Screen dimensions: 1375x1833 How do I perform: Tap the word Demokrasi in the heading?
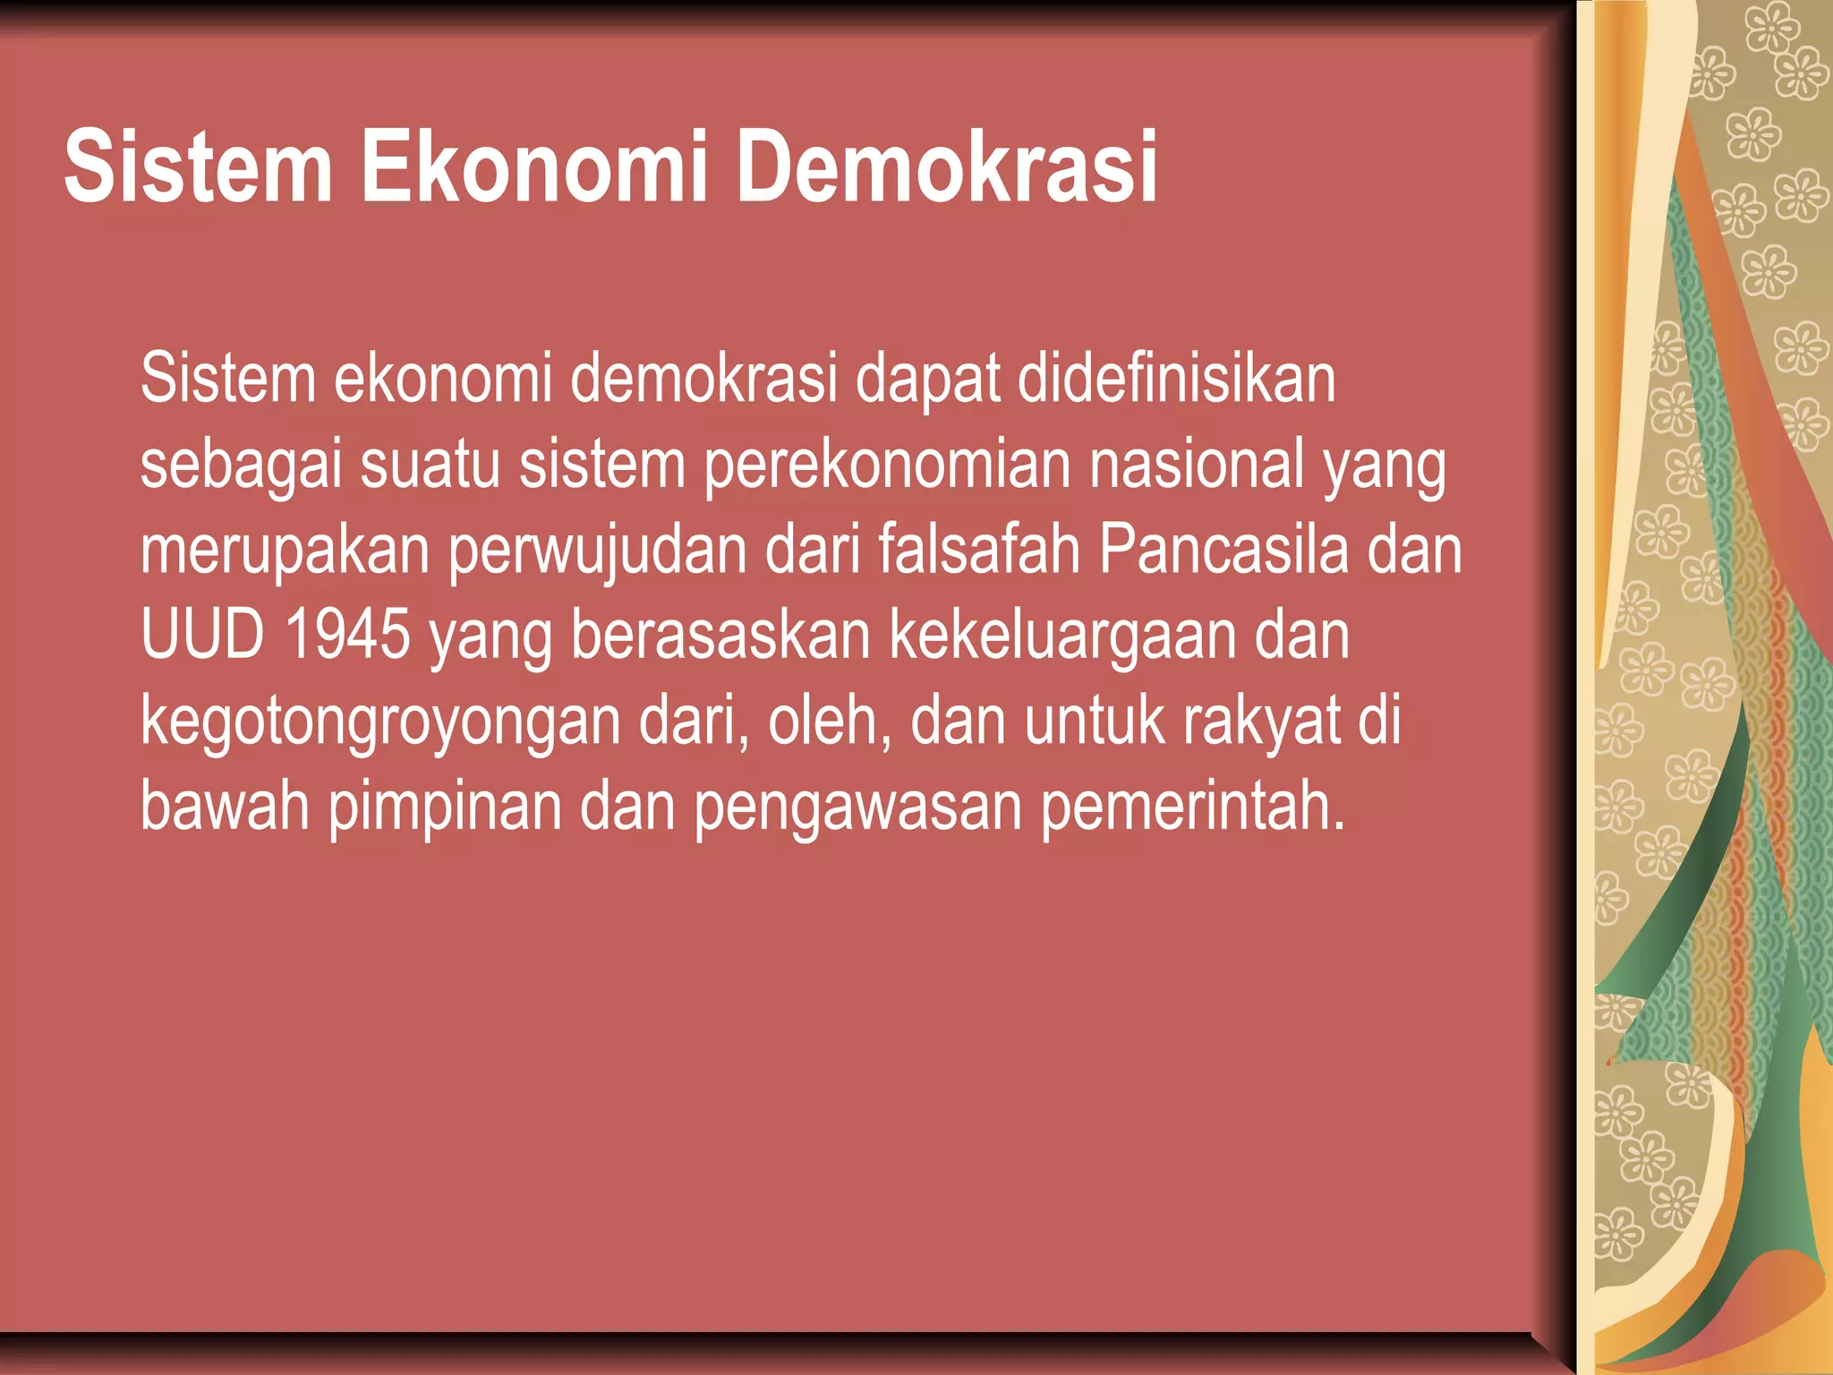[946, 167]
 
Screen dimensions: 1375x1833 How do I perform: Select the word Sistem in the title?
[198, 167]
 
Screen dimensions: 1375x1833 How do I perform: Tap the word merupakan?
[286, 551]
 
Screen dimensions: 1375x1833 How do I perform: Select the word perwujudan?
[597, 551]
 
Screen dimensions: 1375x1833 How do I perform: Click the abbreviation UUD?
[203, 635]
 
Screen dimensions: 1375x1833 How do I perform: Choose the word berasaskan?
[720, 635]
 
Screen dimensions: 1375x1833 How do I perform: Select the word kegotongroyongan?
[380, 722]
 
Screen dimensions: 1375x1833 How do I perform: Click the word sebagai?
[241, 465]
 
